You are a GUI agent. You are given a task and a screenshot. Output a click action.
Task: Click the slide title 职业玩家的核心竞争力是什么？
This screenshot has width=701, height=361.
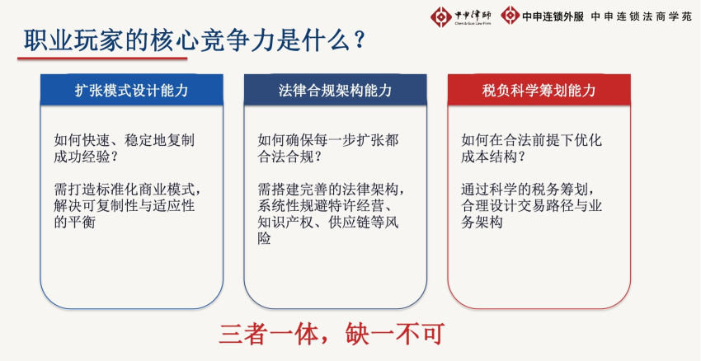tap(195, 40)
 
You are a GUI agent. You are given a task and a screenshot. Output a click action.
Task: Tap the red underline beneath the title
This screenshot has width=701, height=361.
tap(102, 58)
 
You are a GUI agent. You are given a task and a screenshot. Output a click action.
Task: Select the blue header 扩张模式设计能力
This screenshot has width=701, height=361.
tap(131, 91)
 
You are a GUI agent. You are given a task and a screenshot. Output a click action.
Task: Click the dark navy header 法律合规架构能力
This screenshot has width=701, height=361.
tap(336, 91)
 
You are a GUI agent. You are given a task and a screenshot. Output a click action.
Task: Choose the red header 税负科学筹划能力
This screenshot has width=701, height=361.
tap(539, 91)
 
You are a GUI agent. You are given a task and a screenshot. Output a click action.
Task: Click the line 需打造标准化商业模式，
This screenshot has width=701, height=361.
tap(127, 189)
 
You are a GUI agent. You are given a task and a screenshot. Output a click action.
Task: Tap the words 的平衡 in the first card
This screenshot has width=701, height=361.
tap(74, 222)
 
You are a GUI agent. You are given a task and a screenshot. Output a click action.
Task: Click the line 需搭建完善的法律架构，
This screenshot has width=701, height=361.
tap(331, 189)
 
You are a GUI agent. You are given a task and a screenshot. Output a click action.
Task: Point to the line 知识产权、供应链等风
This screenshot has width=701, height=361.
tap(327, 222)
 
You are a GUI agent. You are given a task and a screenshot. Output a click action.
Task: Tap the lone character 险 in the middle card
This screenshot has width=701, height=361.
tap(264, 238)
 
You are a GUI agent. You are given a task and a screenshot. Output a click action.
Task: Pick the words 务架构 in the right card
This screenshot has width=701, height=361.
tap(482, 222)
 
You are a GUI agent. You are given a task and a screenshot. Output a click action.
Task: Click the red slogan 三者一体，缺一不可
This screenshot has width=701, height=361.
tap(331, 334)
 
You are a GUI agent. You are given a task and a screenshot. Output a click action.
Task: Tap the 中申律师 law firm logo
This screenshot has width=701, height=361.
tap(461, 17)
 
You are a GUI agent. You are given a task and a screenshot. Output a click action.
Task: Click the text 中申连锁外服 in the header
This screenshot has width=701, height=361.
tap(553, 17)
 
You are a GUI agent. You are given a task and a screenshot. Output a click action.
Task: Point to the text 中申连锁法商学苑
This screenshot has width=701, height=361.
tap(641, 17)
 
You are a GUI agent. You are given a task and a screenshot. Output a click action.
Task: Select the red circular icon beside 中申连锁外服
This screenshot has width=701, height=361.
tap(510, 16)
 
